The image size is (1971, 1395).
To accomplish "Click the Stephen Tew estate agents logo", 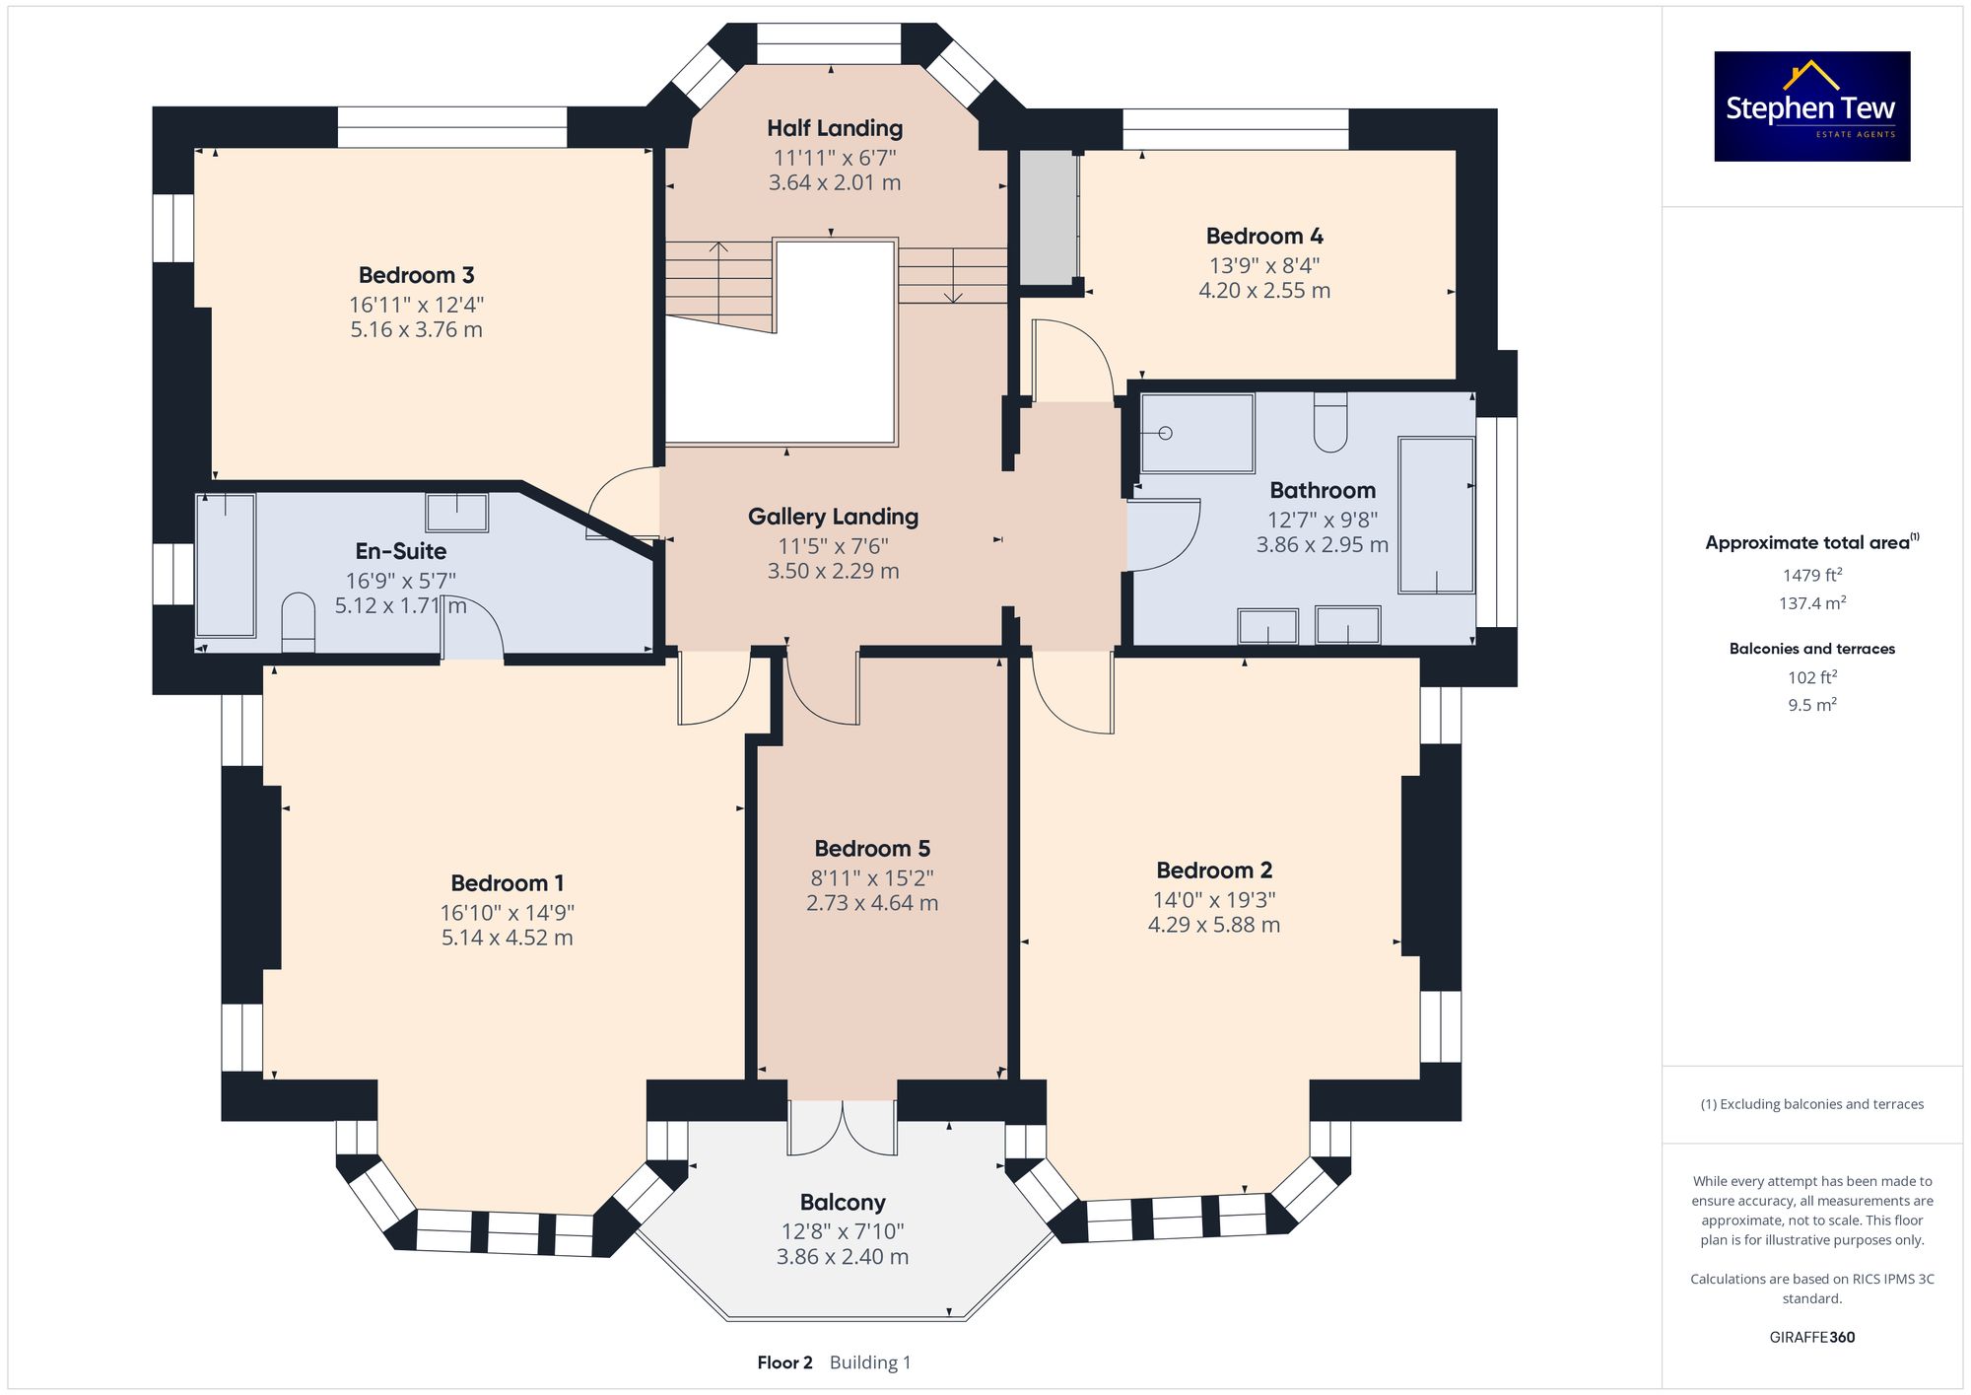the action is coord(1811,106).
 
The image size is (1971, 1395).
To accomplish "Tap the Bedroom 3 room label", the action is coord(416,275).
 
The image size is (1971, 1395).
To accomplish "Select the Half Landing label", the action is coord(835,128).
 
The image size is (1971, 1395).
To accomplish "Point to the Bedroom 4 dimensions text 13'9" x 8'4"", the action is coord(1264,265).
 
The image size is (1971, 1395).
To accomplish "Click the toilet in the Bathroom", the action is coord(1330,423).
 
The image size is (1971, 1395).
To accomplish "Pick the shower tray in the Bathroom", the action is coord(1197,433).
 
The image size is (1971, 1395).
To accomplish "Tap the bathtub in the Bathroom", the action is coord(1436,516).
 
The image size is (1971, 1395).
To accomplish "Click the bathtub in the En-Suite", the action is coord(226,565).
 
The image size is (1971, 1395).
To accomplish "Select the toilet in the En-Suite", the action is coord(298,623).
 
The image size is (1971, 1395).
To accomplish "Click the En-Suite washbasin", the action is coord(457,513).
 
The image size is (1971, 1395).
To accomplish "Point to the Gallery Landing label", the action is coord(833,517).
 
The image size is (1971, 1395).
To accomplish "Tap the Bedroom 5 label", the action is coord(872,849).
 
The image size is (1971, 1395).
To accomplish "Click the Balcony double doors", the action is coord(843,1127).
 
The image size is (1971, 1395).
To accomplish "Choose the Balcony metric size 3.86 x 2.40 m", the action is coord(843,1257).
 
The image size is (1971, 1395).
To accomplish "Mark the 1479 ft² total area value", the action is coord(1812,575).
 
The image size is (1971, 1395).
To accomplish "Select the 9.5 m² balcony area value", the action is coord(1812,705).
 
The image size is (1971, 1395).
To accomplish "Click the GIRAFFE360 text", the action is coord(1812,1338).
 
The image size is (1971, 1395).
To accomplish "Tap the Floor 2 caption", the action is coord(784,1362).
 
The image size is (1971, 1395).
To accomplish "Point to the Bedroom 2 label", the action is coord(1214,871).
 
